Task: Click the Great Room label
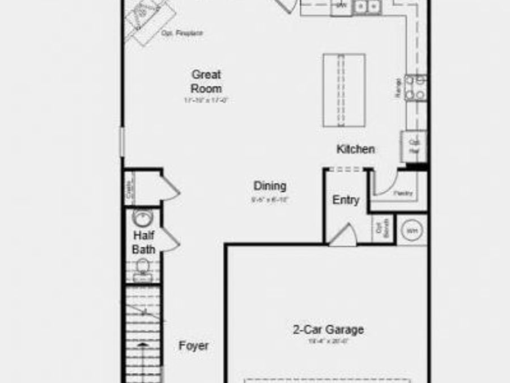(206, 81)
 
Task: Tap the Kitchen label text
(355, 149)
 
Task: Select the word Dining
(270, 186)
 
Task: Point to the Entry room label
(346, 200)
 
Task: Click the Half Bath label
(143, 242)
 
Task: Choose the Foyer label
(193, 346)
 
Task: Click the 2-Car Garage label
(328, 330)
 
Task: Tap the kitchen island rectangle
(344, 90)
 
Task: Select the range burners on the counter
(416, 87)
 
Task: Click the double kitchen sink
(367, 7)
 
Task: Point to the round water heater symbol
(411, 230)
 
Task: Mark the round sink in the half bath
(142, 217)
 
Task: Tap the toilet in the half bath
(142, 268)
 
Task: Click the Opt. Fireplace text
(182, 34)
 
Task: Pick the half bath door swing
(169, 240)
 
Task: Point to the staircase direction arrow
(142, 344)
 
